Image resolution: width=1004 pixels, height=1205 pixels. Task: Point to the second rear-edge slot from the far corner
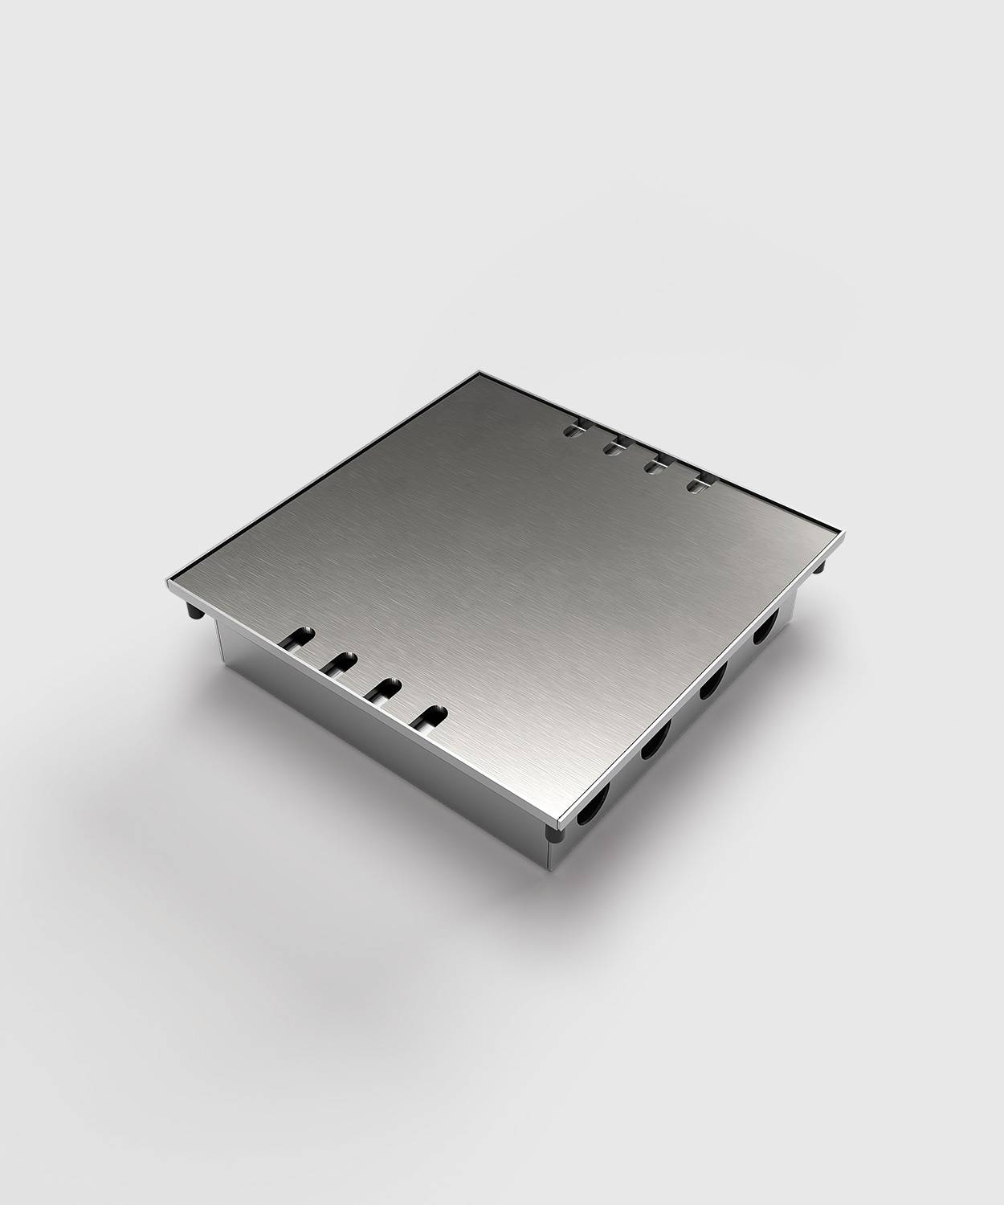[614, 446]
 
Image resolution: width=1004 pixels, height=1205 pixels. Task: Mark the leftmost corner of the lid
[167, 581]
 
